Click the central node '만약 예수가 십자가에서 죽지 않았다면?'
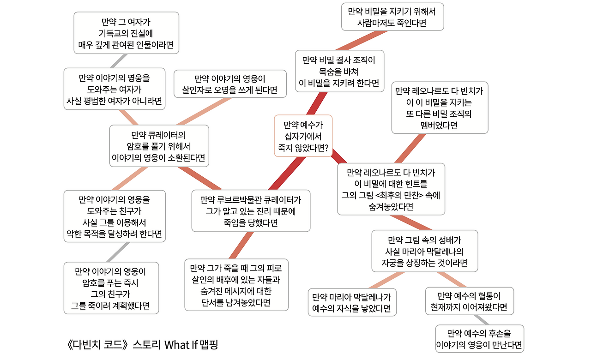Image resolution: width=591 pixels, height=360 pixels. click(x=302, y=136)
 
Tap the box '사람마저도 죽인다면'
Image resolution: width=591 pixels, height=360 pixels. click(x=392, y=17)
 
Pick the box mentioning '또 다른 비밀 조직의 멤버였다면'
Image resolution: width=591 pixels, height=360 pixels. click(x=439, y=108)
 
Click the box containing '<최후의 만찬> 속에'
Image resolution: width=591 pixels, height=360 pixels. click(x=391, y=189)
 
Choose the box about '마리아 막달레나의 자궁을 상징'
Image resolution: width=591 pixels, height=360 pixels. click(x=425, y=251)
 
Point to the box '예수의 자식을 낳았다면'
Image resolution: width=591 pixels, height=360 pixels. click(x=352, y=302)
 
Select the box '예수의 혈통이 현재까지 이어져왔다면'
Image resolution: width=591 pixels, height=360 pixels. click(x=469, y=301)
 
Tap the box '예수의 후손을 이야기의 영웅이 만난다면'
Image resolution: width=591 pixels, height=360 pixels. click(x=479, y=339)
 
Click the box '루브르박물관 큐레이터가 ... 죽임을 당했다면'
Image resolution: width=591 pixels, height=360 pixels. click(x=251, y=210)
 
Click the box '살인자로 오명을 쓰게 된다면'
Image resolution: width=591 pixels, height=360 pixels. click(x=229, y=84)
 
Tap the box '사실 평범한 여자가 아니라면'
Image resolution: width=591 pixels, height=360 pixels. click(x=114, y=89)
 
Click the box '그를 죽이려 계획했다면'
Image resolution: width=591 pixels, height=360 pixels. click(x=110, y=288)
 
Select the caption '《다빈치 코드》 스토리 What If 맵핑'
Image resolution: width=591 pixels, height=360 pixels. click(x=142, y=345)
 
